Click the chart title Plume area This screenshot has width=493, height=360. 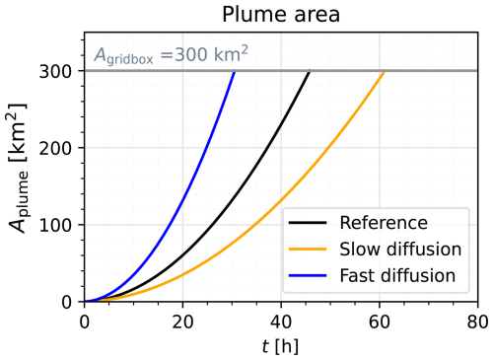(x=280, y=14)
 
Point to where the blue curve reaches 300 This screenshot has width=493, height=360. (x=235, y=72)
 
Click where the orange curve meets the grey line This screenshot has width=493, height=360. (x=385, y=72)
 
